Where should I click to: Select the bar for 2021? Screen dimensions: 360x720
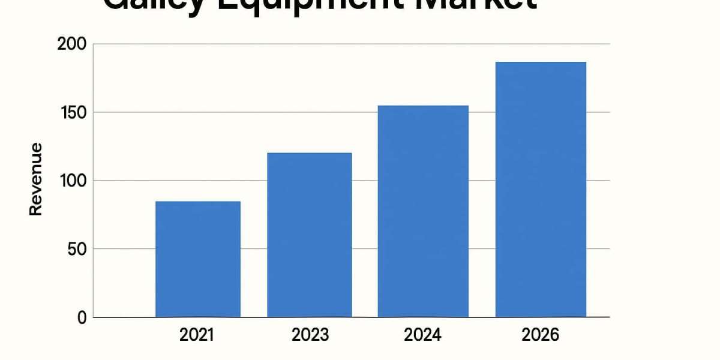197,259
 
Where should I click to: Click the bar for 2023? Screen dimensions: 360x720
309,235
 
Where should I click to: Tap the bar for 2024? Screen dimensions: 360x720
422,211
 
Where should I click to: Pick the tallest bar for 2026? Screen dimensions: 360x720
541,190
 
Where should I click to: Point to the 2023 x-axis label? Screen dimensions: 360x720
310,335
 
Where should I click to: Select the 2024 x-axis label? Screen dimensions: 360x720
422,335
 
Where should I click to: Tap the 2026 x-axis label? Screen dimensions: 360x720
541,335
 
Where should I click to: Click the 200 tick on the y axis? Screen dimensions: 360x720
72,44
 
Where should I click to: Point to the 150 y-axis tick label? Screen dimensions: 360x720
73,113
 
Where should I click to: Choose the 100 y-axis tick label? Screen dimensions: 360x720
73,181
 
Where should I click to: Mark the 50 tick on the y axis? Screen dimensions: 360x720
77,249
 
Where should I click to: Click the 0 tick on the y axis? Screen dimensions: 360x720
82,317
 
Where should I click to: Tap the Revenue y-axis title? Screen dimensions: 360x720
36,179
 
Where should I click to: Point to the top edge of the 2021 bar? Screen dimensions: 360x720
197,202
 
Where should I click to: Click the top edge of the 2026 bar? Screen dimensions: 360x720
541,62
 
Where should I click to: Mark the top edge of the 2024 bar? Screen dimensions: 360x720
422,106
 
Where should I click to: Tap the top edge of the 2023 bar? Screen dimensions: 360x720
309,154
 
